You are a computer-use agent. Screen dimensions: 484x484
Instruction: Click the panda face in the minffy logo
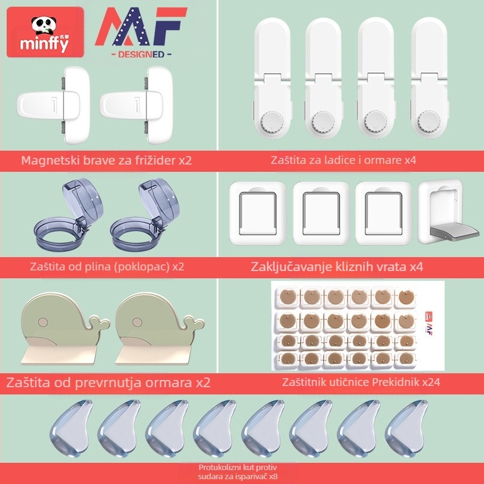(x=44, y=25)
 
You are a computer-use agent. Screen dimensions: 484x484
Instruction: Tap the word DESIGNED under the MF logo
(x=141, y=54)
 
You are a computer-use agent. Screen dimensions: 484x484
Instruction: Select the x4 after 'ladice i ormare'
(x=410, y=160)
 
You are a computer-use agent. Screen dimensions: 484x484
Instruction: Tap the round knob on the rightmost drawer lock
(x=428, y=122)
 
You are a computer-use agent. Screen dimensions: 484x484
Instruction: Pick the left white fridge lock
(x=53, y=105)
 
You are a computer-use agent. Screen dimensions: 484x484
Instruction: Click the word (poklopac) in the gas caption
(x=142, y=267)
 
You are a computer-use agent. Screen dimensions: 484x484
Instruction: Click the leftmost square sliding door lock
(x=258, y=214)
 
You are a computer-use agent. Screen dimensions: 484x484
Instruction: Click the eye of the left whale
(x=43, y=322)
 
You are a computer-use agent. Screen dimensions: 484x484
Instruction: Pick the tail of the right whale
(x=194, y=323)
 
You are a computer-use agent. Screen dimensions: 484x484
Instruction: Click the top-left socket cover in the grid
(x=288, y=297)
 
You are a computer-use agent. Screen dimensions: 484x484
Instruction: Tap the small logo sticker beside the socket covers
(x=429, y=323)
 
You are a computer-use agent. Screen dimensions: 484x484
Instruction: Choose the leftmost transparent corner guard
(x=71, y=428)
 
